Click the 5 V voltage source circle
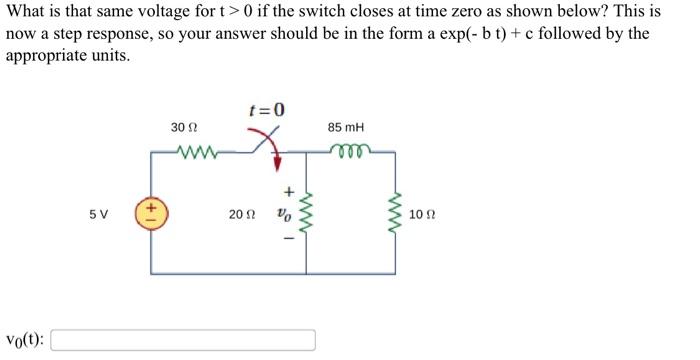[151, 214]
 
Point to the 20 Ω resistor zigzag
[307, 214]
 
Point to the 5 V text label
[98, 214]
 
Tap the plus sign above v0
[287, 190]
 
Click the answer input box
[183, 340]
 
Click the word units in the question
[102, 54]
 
